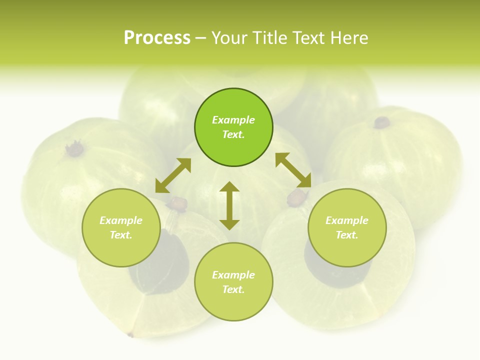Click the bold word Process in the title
[157, 38]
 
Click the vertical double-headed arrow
[229, 205]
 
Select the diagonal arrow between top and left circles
[173, 175]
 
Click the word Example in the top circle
[233, 120]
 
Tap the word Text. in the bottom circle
[233, 289]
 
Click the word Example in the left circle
[121, 220]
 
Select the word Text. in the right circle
[347, 235]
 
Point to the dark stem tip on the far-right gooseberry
[382, 122]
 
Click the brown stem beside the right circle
[296, 197]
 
